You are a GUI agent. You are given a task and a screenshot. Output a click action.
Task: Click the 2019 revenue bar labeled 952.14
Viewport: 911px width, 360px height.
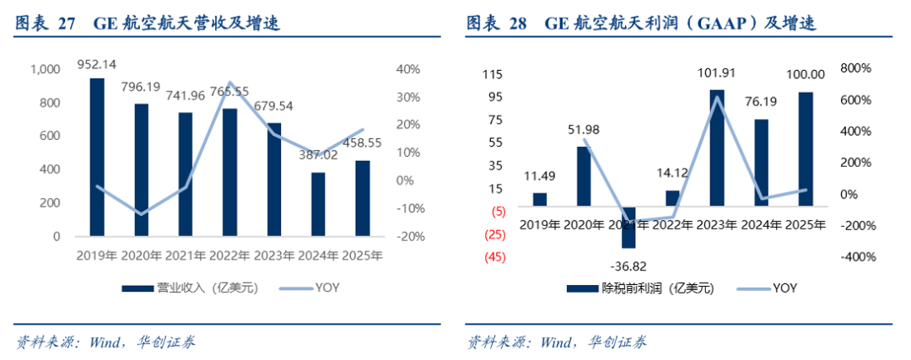click(97, 157)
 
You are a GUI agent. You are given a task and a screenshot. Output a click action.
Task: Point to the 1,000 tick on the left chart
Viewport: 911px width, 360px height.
click(45, 69)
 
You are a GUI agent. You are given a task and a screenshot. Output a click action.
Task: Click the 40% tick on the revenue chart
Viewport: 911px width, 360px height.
click(411, 69)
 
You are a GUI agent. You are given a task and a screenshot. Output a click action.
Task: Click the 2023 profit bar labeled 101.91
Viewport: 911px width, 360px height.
click(716, 147)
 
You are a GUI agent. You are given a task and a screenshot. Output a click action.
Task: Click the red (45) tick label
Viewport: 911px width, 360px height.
click(494, 257)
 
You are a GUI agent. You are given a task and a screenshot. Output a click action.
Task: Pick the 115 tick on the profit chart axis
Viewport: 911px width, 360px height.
click(494, 75)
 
